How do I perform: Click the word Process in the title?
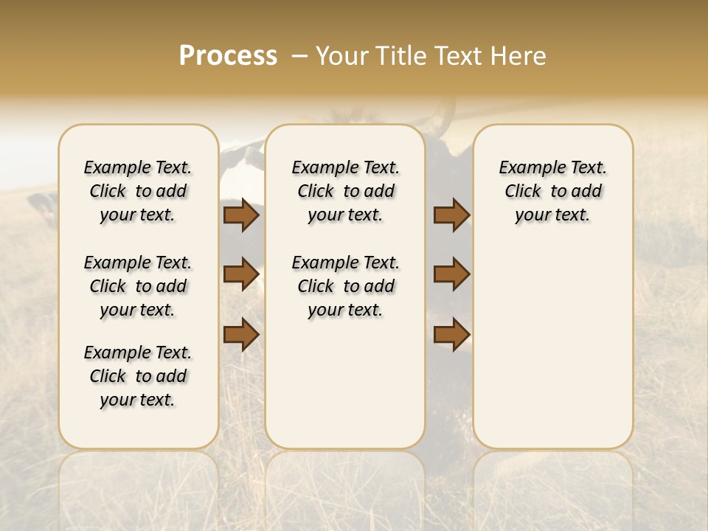(x=228, y=56)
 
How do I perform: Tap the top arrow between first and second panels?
(x=241, y=215)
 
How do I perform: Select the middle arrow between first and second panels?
(x=241, y=274)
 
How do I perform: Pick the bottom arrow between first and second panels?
(x=241, y=334)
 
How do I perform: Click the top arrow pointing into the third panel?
(x=451, y=215)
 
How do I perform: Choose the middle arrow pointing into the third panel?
(x=451, y=274)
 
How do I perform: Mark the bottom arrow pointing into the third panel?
(x=451, y=334)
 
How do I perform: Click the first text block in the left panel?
(x=138, y=191)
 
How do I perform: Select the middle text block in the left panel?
(x=138, y=286)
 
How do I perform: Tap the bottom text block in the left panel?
(x=138, y=376)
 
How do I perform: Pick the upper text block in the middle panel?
(x=346, y=191)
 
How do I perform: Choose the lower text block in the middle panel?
(x=346, y=286)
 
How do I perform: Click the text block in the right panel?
(x=553, y=191)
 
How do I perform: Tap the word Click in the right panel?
(x=523, y=192)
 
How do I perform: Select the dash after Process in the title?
(x=299, y=56)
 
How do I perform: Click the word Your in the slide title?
(x=343, y=56)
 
